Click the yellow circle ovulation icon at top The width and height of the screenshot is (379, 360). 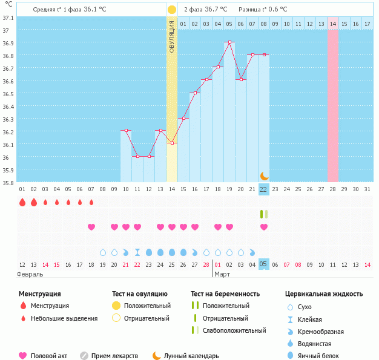[x=172, y=10]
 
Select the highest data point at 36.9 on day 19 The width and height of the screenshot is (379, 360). [x=229, y=42]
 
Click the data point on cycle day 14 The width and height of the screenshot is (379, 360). [x=172, y=143]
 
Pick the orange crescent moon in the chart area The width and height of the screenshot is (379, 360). [x=264, y=175]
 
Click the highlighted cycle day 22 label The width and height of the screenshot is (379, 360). [x=263, y=189]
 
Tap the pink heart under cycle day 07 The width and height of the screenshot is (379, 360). [x=91, y=227]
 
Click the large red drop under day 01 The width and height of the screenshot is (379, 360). [x=22, y=202]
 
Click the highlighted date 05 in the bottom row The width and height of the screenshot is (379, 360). [x=263, y=264]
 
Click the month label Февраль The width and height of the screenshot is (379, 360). [x=30, y=274]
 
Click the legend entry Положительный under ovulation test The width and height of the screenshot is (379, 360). [x=147, y=306]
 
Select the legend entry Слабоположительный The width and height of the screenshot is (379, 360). [x=234, y=330]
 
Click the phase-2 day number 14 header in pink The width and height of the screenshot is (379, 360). [x=333, y=24]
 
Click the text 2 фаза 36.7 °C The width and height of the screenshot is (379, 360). [x=206, y=10]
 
